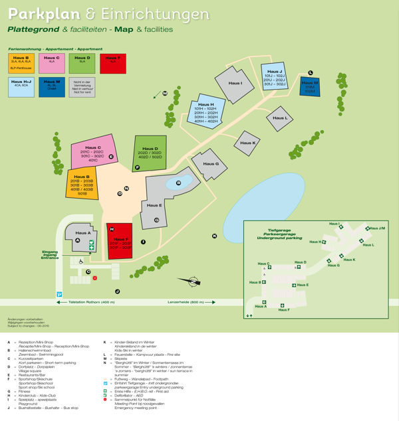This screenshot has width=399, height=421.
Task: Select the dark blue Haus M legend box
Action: pos(53,86)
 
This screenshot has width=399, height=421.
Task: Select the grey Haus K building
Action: pos(247,143)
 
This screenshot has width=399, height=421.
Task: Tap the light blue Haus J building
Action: pos(273,78)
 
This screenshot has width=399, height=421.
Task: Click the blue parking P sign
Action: pos(59,294)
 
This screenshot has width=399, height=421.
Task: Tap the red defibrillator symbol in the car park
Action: pos(94,278)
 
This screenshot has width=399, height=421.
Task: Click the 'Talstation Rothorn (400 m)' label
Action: pos(90,302)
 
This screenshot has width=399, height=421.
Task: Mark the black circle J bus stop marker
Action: pos(117,291)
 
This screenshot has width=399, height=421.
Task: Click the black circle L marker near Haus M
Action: pos(310,72)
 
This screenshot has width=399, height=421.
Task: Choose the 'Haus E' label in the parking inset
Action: pos(302,285)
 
